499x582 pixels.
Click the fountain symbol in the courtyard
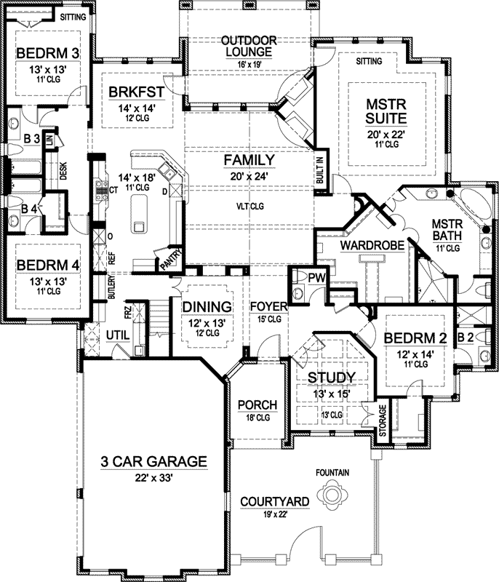coord(332,497)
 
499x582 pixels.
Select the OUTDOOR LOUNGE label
coord(247,45)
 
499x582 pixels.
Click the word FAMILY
coord(249,159)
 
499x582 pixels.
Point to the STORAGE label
coord(382,426)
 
